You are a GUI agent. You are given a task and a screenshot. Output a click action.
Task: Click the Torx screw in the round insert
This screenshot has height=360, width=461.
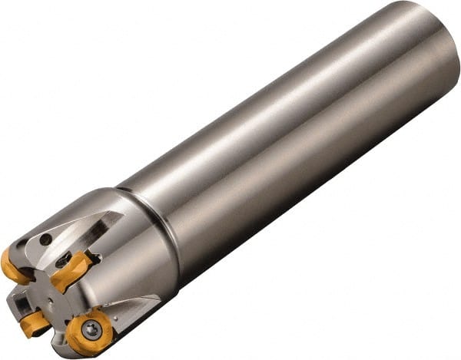[91, 331]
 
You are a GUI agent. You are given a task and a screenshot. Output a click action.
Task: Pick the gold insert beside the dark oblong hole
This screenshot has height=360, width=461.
[74, 269]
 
